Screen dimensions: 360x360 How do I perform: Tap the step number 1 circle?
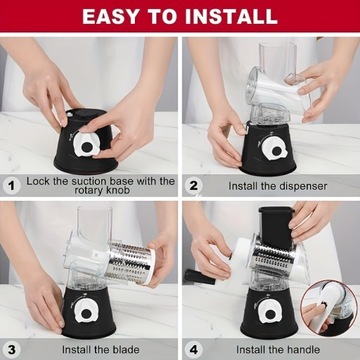click(12, 186)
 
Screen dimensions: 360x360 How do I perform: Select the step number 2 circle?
click(193, 186)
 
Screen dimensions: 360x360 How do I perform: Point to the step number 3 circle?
click(12, 350)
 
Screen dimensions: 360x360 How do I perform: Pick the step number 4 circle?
click(193, 350)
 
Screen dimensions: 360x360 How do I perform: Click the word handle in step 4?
click(303, 350)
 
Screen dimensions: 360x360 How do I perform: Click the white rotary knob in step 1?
click(87, 144)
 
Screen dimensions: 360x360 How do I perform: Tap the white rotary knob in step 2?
click(275, 148)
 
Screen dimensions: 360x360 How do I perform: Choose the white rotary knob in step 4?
click(269, 311)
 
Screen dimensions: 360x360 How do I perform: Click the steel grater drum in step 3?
click(131, 262)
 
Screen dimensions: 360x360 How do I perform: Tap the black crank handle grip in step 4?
click(200, 277)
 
